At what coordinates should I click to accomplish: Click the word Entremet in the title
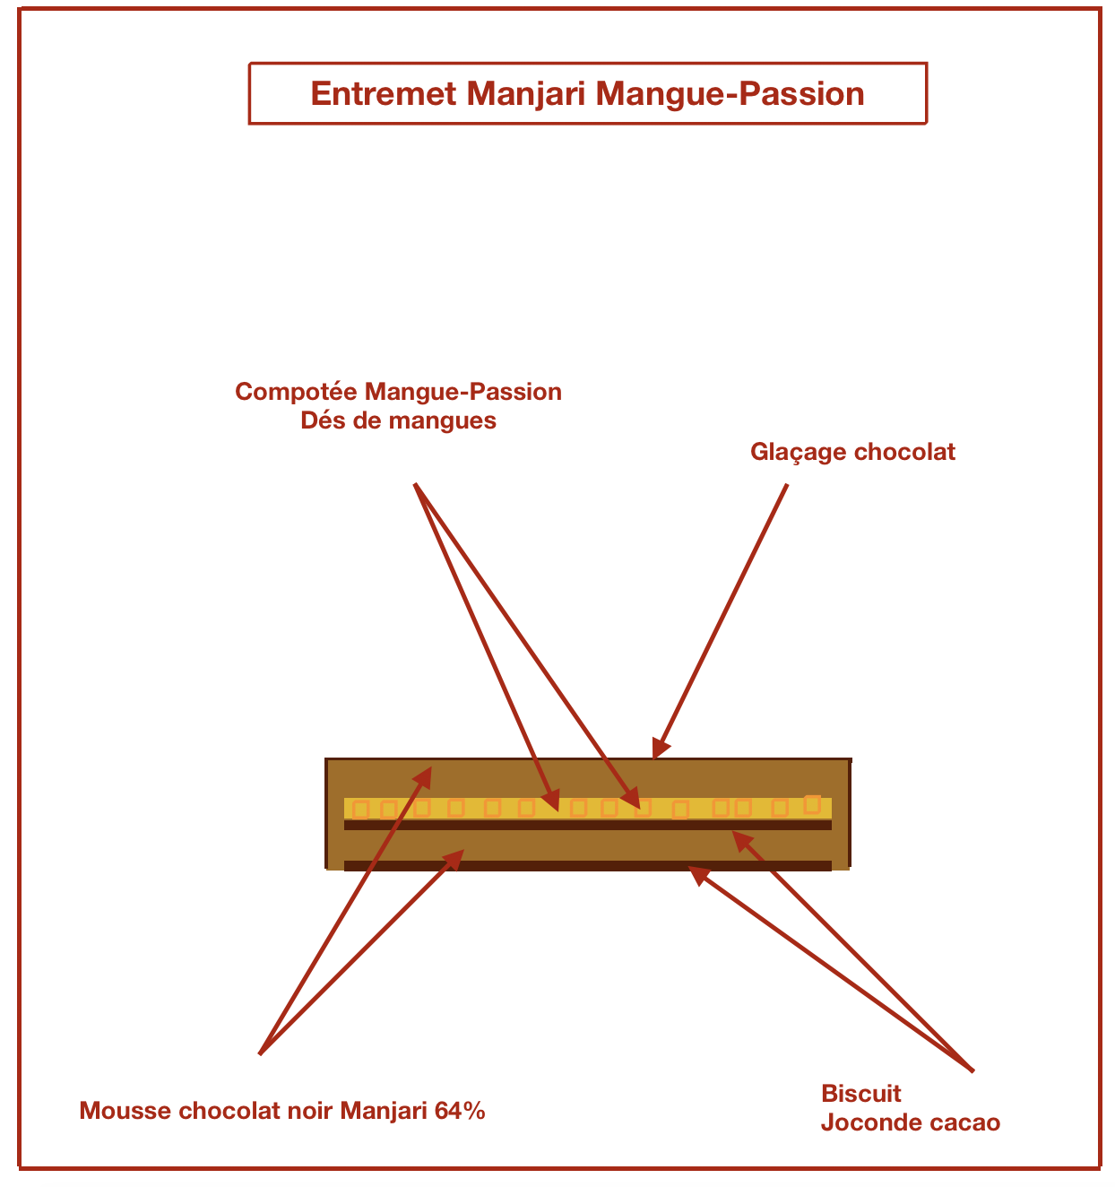point(383,94)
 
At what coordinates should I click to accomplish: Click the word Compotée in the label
point(296,392)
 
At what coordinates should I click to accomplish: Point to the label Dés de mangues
point(398,420)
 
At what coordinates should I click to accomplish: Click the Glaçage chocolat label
point(852,452)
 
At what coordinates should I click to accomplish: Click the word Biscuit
point(860,1094)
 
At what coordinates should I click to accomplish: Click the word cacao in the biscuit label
point(964,1123)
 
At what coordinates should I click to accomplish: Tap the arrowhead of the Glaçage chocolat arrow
point(660,749)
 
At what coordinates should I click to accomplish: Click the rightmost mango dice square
point(812,804)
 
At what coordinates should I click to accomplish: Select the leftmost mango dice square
point(361,810)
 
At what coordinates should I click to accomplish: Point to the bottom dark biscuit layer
point(587,866)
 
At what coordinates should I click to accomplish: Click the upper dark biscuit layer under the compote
point(587,826)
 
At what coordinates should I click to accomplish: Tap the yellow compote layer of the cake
point(587,809)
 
